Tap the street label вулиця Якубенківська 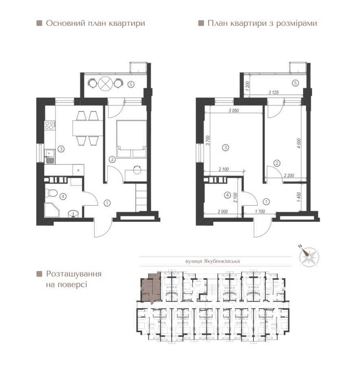[216, 263]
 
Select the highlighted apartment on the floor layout [151, 288]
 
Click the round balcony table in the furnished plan [105, 83]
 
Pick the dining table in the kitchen [87, 128]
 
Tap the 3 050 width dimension [233, 110]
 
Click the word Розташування [74, 273]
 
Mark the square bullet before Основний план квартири [39, 24]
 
